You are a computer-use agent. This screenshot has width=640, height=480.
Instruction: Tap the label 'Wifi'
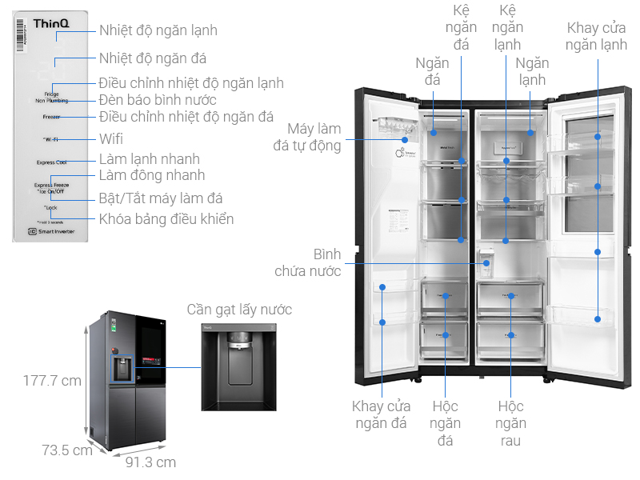(111, 139)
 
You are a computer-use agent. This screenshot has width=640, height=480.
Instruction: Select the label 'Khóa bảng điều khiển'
(166, 219)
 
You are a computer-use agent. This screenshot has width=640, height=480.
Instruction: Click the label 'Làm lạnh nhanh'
(150, 159)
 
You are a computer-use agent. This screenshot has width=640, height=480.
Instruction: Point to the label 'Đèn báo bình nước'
(158, 100)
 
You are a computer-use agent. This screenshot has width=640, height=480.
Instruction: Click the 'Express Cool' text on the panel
(51, 162)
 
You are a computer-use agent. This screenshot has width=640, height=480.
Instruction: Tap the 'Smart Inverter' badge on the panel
(50, 231)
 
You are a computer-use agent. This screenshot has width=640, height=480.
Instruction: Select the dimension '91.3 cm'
(150, 462)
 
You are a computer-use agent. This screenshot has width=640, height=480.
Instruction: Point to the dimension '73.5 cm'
(67, 450)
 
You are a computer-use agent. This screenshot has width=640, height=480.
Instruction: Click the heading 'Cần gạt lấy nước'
(239, 310)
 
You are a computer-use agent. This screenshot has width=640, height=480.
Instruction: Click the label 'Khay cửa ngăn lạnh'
(596, 36)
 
